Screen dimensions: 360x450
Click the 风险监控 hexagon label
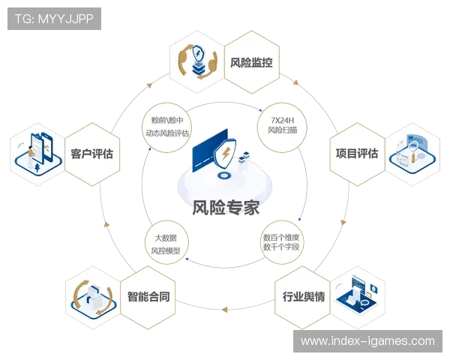[x=250, y=62]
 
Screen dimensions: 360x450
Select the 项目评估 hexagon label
[x=356, y=153]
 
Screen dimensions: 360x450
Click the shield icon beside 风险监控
[x=200, y=62]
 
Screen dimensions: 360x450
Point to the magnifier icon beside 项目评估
[x=409, y=153]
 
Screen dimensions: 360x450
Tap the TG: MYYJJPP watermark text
[x=54, y=19]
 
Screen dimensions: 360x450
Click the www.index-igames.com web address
[x=367, y=341]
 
